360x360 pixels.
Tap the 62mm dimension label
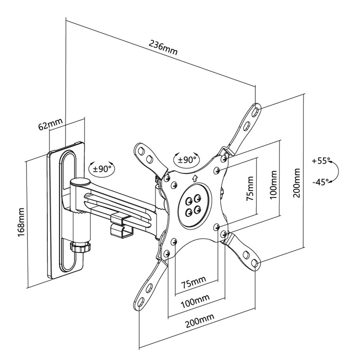click(x=50, y=125)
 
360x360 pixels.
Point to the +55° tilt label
click(x=320, y=161)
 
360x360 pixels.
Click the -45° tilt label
click(x=320, y=182)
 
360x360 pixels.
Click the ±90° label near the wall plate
click(x=102, y=168)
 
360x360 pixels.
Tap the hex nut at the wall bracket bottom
click(x=79, y=247)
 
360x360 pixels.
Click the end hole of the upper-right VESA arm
click(x=256, y=110)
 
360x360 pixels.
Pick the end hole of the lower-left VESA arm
click(x=142, y=303)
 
